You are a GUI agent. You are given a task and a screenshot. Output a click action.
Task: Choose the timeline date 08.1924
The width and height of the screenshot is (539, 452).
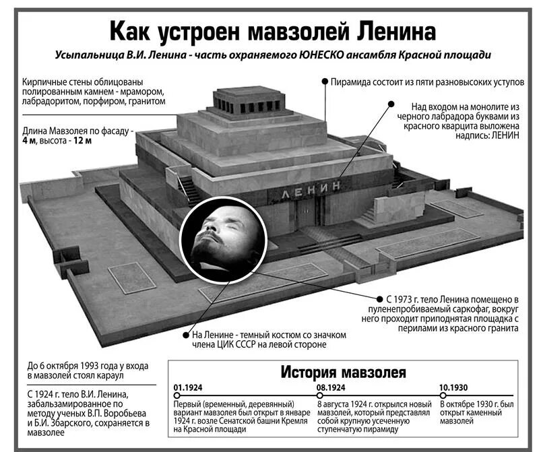click(331, 388)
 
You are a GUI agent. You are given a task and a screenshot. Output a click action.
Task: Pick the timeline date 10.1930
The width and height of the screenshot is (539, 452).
click(454, 388)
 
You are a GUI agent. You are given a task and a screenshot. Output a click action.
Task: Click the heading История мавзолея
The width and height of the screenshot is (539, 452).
click(343, 371)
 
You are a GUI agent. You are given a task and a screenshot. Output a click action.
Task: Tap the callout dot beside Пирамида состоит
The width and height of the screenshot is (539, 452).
click(324, 82)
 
